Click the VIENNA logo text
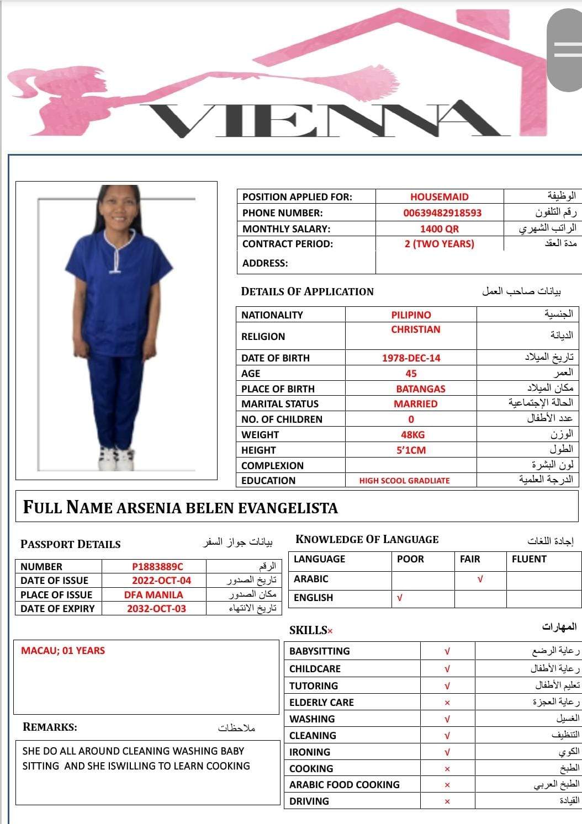[326, 118]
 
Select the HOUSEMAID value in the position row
[439, 197]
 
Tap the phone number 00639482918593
[442, 213]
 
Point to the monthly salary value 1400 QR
[439, 229]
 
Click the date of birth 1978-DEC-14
[411, 358]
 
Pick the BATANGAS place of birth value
[420, 389]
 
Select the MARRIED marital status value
[415, 404]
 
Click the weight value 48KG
[412, 435]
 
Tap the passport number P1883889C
[157, 567]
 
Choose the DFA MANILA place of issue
[154, 595]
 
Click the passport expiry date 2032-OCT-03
[156, 609]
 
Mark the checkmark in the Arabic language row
[480, 580]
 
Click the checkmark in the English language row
[400, 598]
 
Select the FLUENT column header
[528, 559]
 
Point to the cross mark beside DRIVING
[447, 801]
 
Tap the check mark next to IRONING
[447, 752]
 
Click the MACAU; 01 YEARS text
[63, 651]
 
